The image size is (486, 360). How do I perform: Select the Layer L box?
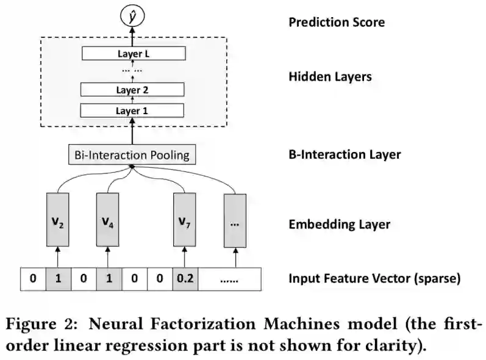[133, 54]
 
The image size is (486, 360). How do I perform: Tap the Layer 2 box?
[133, 90]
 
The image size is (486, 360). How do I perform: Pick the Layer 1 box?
[133, 110]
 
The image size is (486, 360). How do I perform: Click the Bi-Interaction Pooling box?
[132, 155]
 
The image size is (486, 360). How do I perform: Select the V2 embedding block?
[57, 220]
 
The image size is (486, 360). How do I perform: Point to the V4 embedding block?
[107, 220]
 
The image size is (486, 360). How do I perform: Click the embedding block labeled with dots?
[235, 220]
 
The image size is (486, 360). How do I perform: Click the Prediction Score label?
[337, 23]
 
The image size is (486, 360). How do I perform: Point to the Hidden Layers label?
[330, 77]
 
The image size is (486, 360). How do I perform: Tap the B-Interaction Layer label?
[345, 154]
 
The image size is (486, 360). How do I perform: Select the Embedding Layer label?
[339, 224]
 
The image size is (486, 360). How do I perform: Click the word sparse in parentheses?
[439, 279]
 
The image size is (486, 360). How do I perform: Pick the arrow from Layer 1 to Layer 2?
[133, 100]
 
